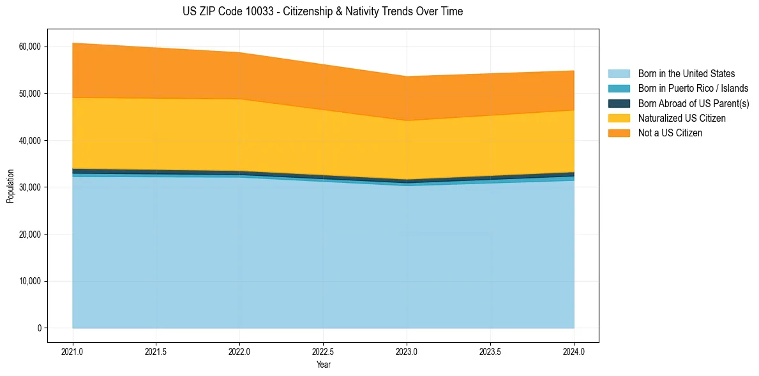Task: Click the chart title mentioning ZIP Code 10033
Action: coord(322,11)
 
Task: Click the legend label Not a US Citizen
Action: coord(670,133)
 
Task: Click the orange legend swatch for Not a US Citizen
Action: coord(619,133)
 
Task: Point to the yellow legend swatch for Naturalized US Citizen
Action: coord(619,119)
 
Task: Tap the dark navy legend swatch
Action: coord(619,103)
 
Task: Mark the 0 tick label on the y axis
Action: coord(39,328)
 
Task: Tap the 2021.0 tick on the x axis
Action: coord(73,351)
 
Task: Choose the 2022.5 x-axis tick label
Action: coord(323,351)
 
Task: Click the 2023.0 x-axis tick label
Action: coord(407,351)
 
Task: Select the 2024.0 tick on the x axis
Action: coord(574,351)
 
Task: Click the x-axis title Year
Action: coord(323,365)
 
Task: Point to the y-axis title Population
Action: coord(10,186)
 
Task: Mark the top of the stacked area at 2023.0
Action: coord(407,76)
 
